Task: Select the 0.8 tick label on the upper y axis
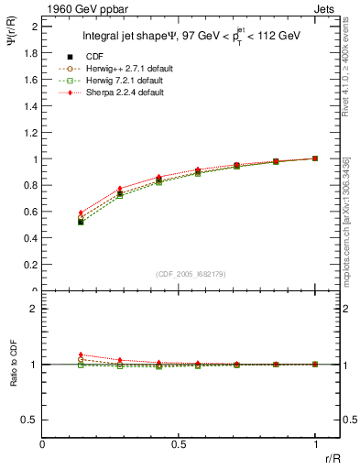tap(31, 185)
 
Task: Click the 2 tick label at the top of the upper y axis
tap(35, 27)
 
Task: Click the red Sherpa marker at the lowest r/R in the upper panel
tap(81, 213)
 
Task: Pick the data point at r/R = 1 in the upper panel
tap(315, 158)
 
